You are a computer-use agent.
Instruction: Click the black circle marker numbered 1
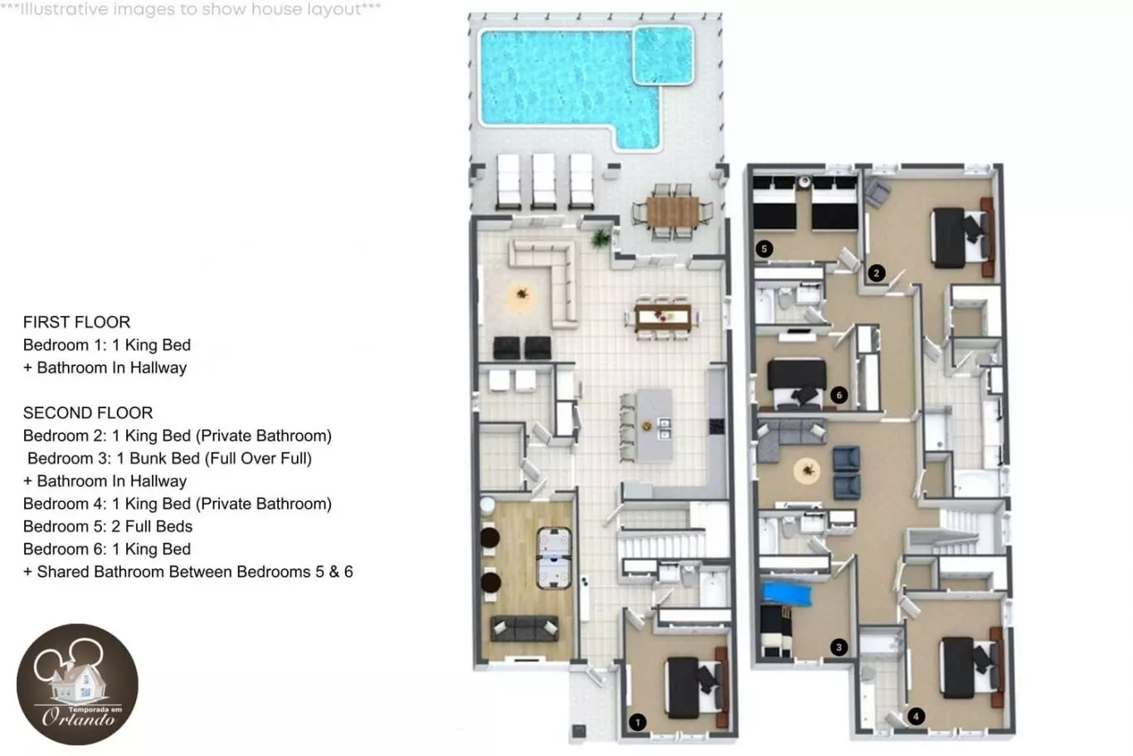click(637, 722)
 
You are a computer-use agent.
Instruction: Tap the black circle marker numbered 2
click(877, 273)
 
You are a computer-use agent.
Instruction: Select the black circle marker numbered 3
click(839, 647)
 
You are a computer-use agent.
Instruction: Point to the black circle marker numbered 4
click(916, 716)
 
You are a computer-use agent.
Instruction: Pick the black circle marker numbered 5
click(764, 249)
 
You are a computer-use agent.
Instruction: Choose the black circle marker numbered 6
click(839, 395)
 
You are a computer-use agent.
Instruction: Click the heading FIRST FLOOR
click(77, 322)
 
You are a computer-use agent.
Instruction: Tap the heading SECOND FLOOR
click(88, 413)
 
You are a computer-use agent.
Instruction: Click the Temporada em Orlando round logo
click(77, 684)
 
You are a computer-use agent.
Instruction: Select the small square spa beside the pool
click(663, 55)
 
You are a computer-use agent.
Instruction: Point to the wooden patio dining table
click(673, 212)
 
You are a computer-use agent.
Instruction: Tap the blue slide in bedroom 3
click(787, 594)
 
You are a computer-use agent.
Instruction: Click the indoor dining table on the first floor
click(663, 318)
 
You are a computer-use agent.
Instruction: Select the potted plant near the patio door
click(601, 238)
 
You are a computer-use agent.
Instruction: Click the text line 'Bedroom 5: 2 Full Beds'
click(108, 526)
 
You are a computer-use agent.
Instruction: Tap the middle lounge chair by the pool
click(544, 181)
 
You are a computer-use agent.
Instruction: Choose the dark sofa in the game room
click(524, 628)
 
